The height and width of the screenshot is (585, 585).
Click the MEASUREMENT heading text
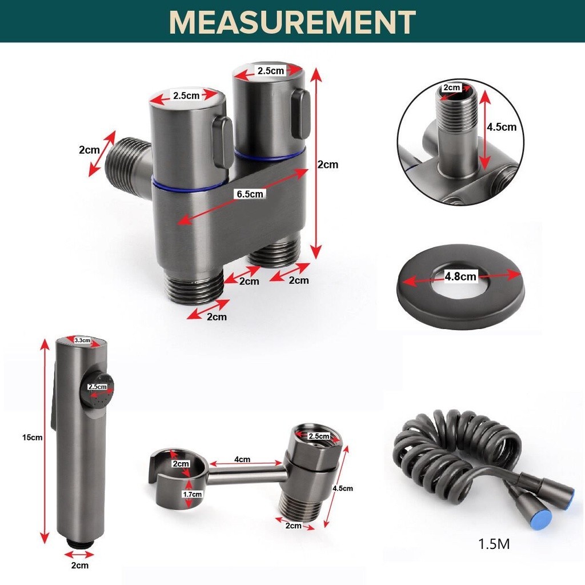pyautogui.click(x=292, y=22)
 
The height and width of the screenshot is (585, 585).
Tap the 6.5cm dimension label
pyautogui.click(x=250, y=194)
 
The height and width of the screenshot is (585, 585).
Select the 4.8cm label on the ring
pyautogui.click(x=460, y=276)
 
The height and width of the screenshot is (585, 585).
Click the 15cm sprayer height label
pyautogui.click(x=32, y=437)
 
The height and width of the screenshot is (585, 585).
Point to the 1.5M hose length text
pyautogui.click(x=494, y=544)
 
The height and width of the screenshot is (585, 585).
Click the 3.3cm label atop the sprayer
pyautogui.click(x=82, y=340)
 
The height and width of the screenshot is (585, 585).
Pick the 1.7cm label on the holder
pyautogui.click(x=192, y=494)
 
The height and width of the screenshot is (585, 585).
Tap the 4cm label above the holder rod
pyautogui.click(x=242, y=459)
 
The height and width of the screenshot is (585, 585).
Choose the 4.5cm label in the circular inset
pyautogui.click(x=502, y=127)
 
